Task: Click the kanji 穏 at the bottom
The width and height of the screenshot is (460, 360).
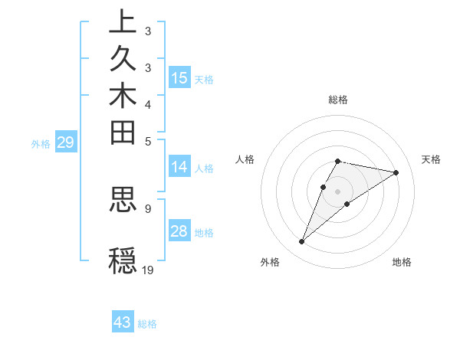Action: click(123, 260)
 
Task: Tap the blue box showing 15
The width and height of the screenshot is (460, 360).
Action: click(179, 77)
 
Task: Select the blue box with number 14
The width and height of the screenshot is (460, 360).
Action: click(179, 167)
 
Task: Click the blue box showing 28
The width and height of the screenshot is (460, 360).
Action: click(179, 231)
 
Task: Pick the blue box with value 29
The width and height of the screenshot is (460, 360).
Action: click(66, 142)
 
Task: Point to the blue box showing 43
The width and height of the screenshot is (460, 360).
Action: click(123, 322)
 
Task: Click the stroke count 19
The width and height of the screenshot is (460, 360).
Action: click(148, 270)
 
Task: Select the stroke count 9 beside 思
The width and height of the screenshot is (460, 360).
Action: click(147, 208)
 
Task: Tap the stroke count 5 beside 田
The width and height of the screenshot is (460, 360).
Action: click(147, 141)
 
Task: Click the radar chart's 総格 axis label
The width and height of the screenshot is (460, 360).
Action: click(337, 100)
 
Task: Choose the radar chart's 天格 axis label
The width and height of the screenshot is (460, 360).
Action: click(431, 159)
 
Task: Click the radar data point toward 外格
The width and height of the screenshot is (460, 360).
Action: click(301, 242)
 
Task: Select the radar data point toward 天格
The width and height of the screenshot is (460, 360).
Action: click(396, 172)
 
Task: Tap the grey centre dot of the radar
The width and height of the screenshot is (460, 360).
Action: click(337, 191)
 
